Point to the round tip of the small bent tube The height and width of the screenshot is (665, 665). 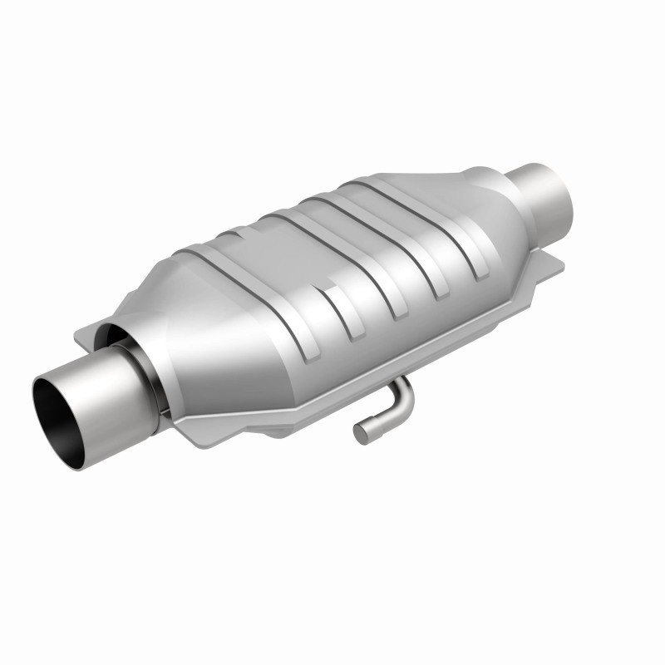click(361, 433)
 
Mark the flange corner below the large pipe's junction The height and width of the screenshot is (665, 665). click(187, 432)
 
